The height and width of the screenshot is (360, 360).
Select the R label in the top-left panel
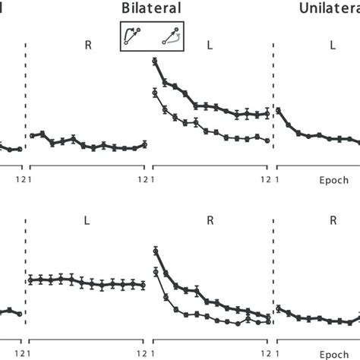point(88,46)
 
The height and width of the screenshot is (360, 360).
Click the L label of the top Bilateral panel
point(210,46)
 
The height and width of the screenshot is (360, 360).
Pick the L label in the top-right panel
point(333,46)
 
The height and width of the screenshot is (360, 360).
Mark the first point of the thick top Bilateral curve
point(155,61)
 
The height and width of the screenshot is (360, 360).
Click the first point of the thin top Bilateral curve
point(155,93)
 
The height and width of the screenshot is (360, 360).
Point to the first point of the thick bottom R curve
point(155,251)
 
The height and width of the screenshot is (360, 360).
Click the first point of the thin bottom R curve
point(155,272)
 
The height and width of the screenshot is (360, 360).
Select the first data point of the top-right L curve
point(278,111)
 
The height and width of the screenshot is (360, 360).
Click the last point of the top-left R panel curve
point(145,144)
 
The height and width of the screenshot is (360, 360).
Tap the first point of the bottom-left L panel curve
point(30,279)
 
